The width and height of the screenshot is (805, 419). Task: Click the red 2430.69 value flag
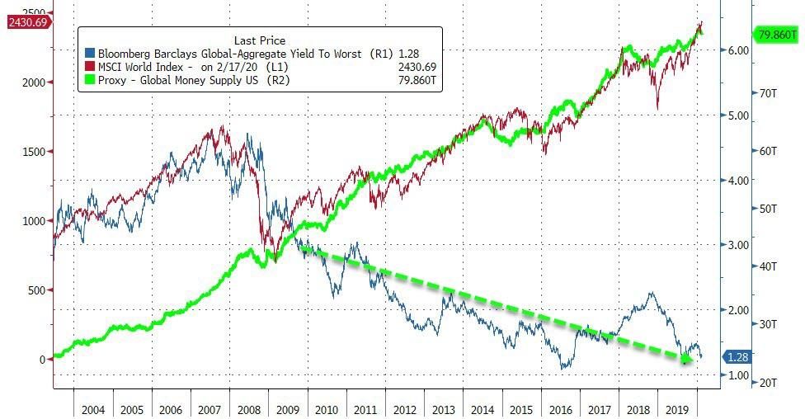pos(28,23)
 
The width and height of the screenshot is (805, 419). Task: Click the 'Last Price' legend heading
pos(260,40)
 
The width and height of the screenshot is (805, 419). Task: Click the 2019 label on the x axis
pos(676,409)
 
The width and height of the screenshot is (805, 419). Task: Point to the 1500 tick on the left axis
pos(31,152)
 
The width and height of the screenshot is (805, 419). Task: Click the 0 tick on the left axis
pos(41,360)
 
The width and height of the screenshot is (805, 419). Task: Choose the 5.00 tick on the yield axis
pos(737,115)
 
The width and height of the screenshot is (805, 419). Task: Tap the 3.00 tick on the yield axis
pos(737,245)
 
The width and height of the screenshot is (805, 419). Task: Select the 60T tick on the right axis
pos(769,151)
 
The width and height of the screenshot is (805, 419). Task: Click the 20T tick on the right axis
pos(769,382)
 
